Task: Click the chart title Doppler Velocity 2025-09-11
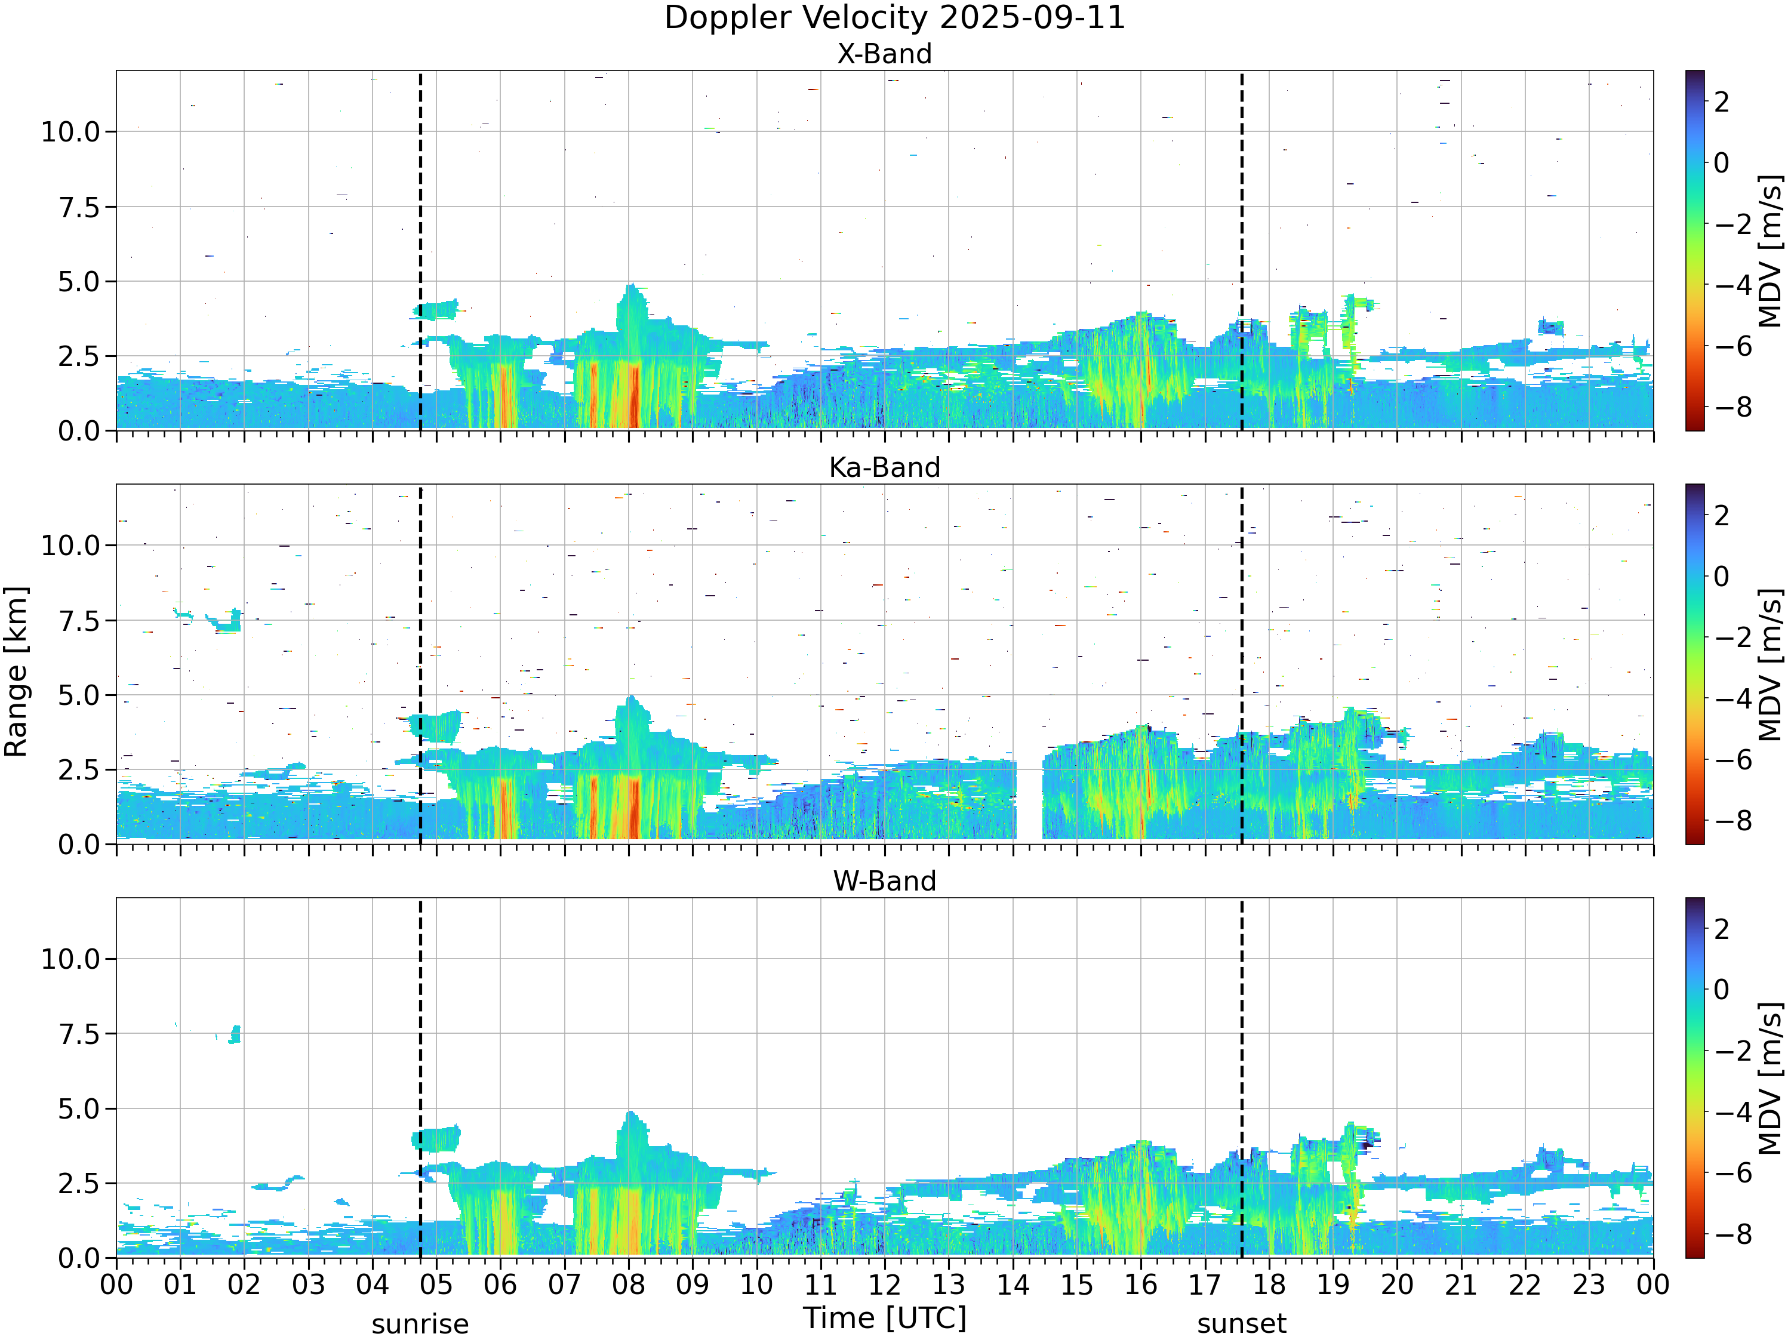(895, 18)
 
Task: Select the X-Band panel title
(884, 54)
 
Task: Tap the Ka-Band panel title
(884, 467)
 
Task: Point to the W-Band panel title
(884, 881)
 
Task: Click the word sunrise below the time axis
(420, 1324)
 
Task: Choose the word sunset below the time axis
(1241, 1324)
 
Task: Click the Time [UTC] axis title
(885, 1318)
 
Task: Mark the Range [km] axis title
(16, 672)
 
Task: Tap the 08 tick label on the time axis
(628, 1285)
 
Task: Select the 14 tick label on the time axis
(1013, 1285)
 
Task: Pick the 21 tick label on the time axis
(1461, 1285)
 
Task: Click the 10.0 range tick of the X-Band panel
(71, 132)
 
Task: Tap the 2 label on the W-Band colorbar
(1721, 929)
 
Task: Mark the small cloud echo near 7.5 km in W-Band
(234, 1034)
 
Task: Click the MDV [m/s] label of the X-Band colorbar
(1771, 251)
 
